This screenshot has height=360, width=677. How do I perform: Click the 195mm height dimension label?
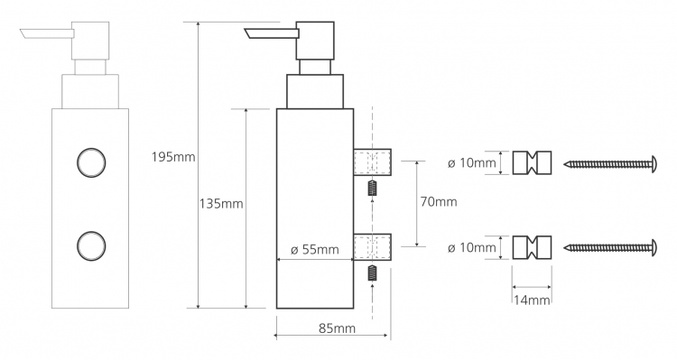point(173,157)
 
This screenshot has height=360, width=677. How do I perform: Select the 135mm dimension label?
point(221,203)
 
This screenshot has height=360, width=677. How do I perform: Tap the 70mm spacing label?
point(439,201)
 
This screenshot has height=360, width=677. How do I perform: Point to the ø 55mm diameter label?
point(315,250)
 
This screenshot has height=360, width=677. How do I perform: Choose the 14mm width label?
point(532,300)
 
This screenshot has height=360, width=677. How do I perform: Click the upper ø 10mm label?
point(472,163)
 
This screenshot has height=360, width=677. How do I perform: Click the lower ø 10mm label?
point(472,248)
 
